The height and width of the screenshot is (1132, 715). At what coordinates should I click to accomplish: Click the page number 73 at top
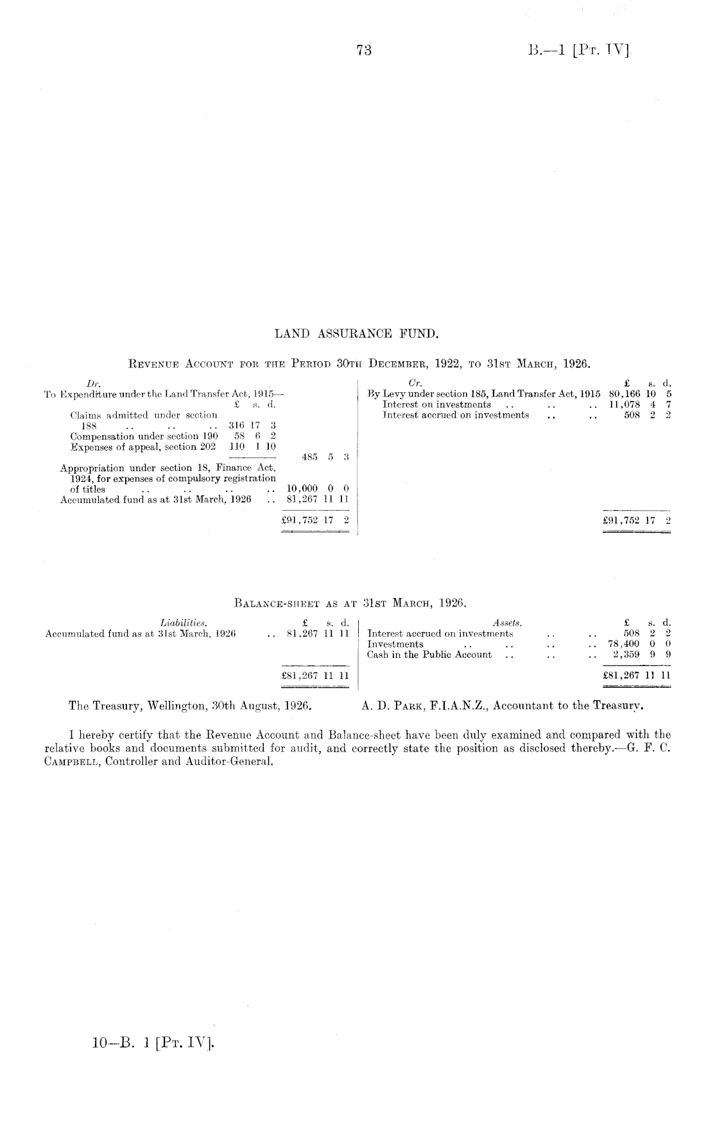pyautogui.click(x=364, y=51)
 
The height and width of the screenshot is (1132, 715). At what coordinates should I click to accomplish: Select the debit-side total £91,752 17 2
pyautogui.click(x=315, y=520)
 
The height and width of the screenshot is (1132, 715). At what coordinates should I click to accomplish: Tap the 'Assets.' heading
pyautogui.click(x=506, y=622)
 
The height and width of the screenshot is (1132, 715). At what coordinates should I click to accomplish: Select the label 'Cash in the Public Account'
pyautogui.click(x=429, y=655)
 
